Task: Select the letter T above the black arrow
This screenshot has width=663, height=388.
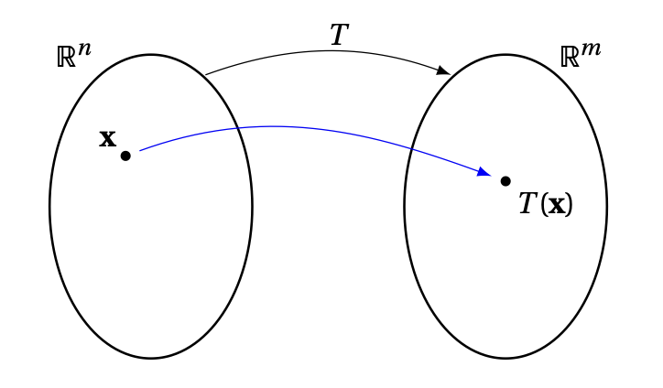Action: [339, 36]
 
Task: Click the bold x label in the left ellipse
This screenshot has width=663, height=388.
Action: [107, 138]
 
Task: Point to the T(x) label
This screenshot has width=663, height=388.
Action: [546, 203]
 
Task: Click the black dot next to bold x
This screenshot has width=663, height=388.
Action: [125, 156]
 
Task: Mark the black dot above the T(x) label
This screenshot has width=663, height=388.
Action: [505, 181]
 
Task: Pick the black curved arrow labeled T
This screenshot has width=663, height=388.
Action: [321, 52]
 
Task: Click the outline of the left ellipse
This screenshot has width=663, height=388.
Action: [50, 207]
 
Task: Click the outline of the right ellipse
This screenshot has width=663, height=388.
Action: [606, 207]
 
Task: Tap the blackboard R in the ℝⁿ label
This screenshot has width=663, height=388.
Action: [66, 58]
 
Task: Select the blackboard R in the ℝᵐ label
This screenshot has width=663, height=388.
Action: [569, 58]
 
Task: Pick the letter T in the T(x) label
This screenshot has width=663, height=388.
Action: [527, 202]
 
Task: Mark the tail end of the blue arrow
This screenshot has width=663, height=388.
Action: [141, 150]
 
